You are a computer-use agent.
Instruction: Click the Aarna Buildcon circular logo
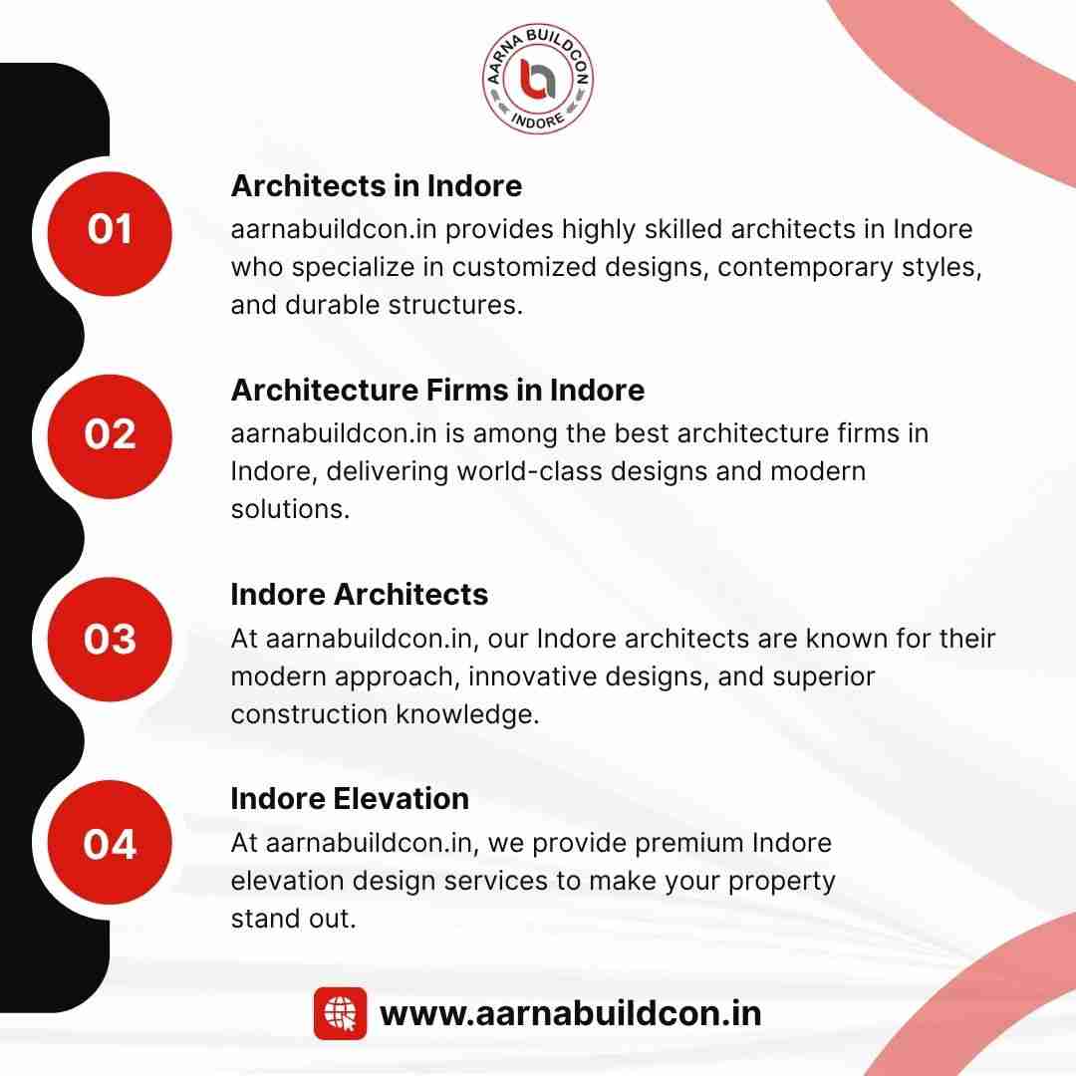tap(538, 79)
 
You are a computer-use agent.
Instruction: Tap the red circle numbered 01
tap(110, 233)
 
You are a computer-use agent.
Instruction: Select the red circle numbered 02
tap(110, 436)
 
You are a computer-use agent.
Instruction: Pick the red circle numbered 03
tap(110, 640)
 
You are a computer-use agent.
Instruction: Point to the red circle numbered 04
tap(110, 843)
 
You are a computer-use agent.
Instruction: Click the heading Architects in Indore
tap(377, 186)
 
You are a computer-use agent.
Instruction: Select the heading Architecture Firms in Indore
tap(437, 390)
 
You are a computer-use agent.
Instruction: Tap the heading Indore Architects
tap(360, 594)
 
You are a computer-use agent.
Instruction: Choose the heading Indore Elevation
tap(350, 799)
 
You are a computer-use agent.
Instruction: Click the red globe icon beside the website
tap(341, 1013)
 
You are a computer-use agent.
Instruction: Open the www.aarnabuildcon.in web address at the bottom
tap(570, 1014)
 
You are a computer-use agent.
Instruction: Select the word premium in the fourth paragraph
tap(689, 844)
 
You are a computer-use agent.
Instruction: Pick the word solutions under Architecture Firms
tap(290, 509)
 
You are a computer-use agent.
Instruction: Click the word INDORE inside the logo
tap(538, 121)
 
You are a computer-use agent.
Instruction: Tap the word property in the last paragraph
tap(782, 882)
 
